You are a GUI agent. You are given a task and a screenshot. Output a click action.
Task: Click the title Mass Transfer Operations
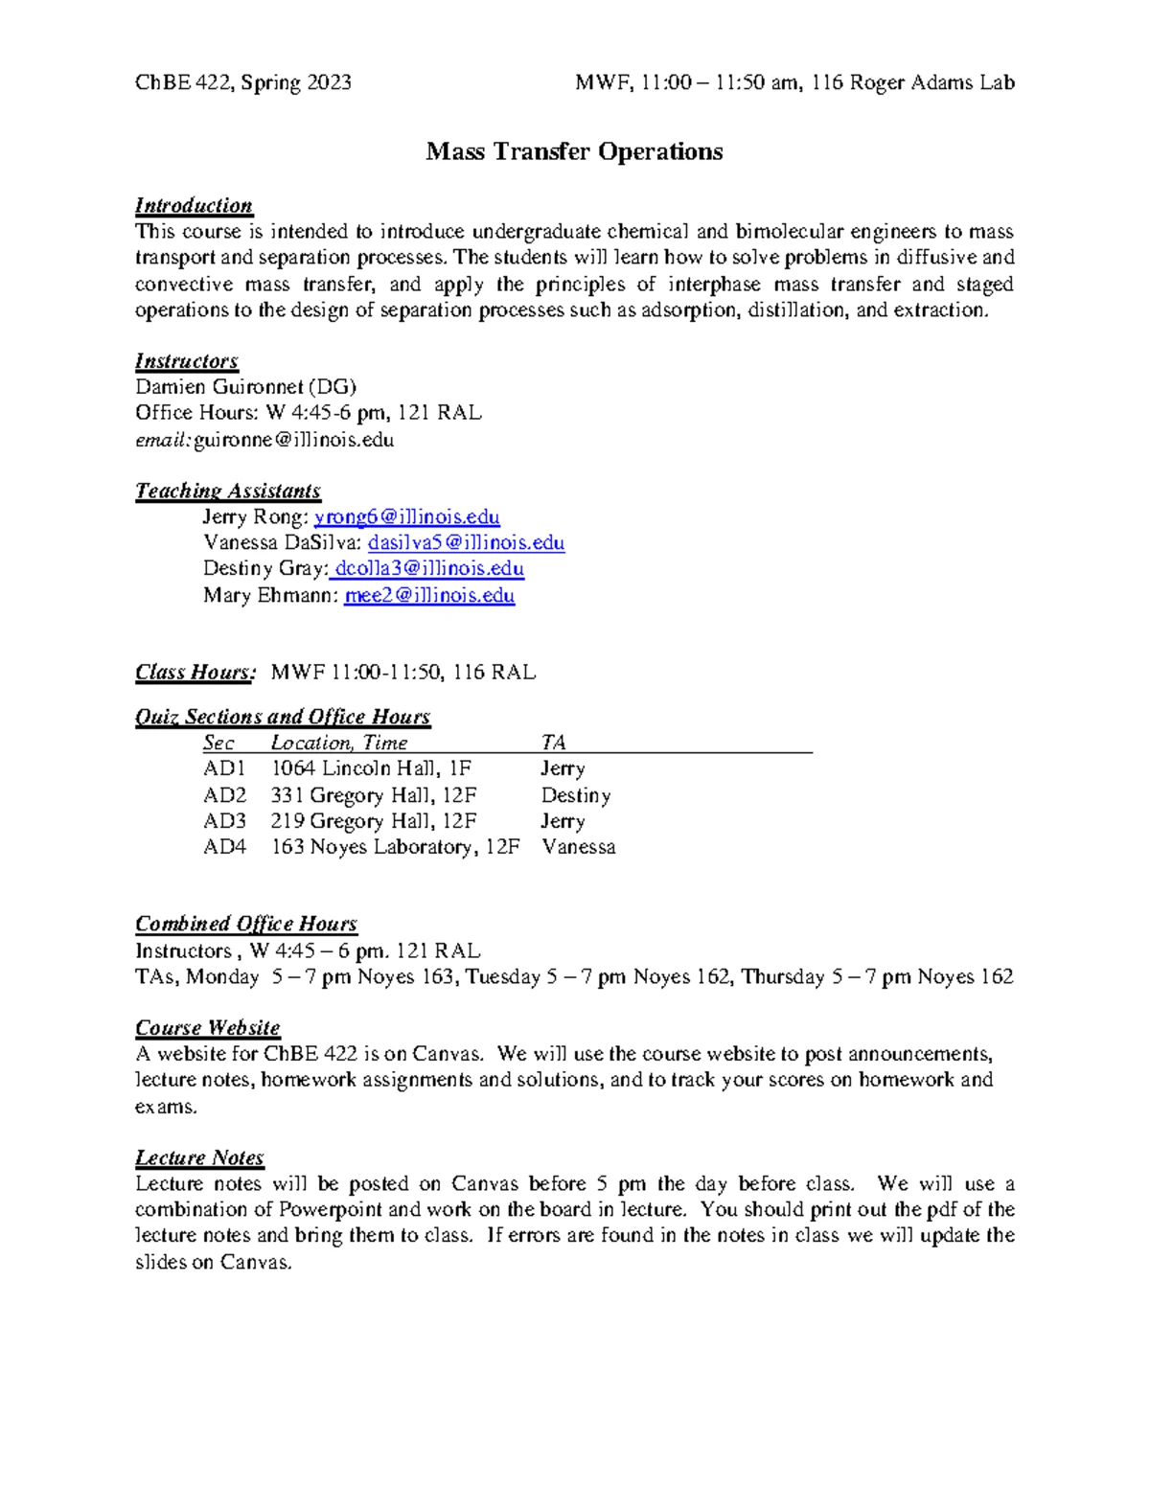pyautogui.click(x=574, y=151)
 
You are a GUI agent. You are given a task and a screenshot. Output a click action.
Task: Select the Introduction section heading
pyautogui.click(x=194, y=205)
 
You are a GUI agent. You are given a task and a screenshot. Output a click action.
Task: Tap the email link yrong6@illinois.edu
pyautogui.click(x=406, y=517)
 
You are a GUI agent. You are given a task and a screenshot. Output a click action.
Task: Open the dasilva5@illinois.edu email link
pyautogui.click(x=466, y=543)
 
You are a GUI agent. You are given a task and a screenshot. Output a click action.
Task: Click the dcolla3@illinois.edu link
pyautogui.click(x=427, y=569)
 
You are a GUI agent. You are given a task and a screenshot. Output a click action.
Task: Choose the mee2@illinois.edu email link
pyautogui.click(x=429, y=595)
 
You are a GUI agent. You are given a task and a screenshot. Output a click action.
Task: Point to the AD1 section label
pyautogui.click(x=224, y=768)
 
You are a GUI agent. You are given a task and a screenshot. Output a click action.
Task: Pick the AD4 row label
pyautogui.click(x=224, y=847)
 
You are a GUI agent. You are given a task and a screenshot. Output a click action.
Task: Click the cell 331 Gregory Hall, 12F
pyautogui.click(x=374, y=795)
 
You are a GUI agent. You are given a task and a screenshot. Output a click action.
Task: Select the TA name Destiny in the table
pyautogui.click(x=575, y=795)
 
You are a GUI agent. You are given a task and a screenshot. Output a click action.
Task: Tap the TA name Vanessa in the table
pyautogui.click(x=578, y=847)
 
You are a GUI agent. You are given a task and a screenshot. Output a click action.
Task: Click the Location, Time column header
pyautogui.click(x=339, y=743)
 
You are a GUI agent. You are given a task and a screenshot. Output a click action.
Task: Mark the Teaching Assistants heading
pyautogui.click(x=228, y=491)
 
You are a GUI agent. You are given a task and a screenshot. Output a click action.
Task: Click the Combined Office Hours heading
pyautogui.click(x=246, y=924)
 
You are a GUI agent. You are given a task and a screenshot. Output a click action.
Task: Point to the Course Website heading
pyautogui.click(x=208, y=1028)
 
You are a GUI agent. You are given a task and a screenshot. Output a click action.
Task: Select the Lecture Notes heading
pyautogui.click(x=199, y=1157)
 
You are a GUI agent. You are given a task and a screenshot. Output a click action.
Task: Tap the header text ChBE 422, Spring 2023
pyautogui.click(x=243, y=82)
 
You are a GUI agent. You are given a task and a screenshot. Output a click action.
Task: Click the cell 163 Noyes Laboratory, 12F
pyautogui.click(x=396, y=847)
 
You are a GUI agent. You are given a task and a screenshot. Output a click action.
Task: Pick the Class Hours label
pyautogui.click(x=195, y=673)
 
